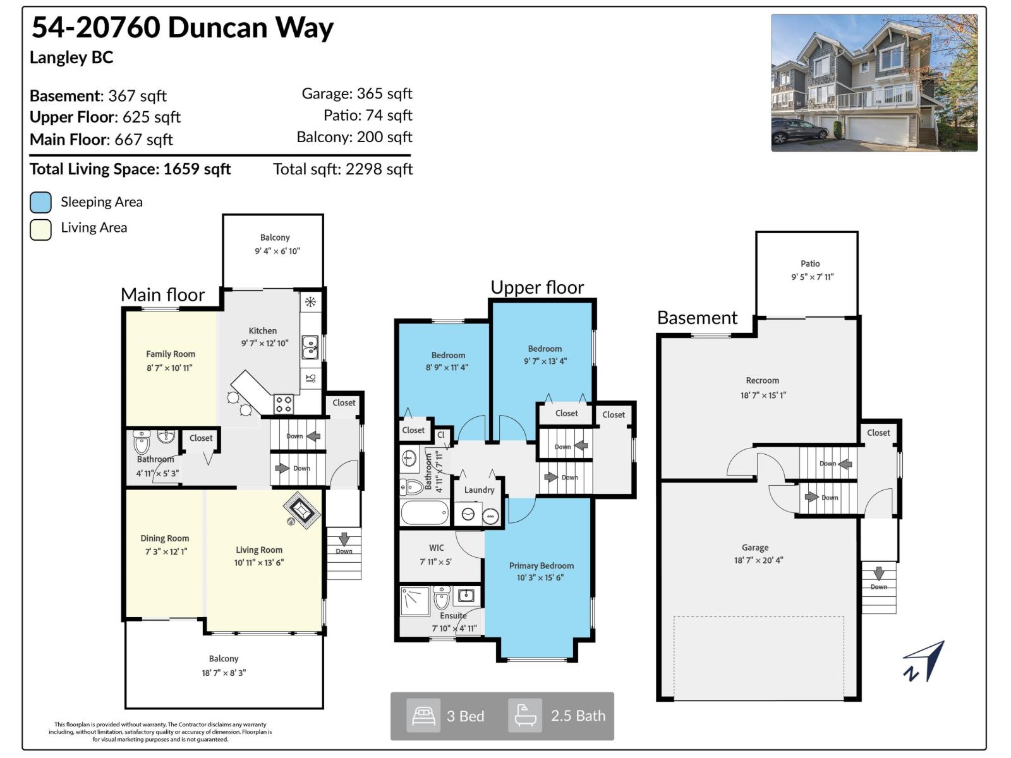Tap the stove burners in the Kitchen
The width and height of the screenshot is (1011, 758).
[284, 404]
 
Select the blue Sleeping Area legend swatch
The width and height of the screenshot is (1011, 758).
[40, 202]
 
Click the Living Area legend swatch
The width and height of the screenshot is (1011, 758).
[40, 229]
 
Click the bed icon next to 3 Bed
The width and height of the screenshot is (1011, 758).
[423, 716]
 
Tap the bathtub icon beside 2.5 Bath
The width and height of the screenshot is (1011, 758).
[525, 716]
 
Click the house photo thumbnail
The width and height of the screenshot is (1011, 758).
[874, 83]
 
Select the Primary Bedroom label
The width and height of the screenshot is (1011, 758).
[541, 565]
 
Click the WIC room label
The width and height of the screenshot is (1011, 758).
[436, 548]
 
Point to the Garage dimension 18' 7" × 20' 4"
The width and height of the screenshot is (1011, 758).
[758, 560]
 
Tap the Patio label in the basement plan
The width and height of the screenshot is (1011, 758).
[810, 263]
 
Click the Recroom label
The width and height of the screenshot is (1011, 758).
[762, 380]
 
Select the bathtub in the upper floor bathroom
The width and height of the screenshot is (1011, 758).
[425, 513]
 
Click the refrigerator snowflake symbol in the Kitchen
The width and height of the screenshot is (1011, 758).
[310, 302]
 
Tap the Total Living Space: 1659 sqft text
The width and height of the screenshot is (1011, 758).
[130, 169]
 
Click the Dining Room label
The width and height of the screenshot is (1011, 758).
[164, 538]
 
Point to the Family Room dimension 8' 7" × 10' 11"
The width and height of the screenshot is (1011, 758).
[169, 368]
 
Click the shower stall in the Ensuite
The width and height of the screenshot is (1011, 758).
[415, 601]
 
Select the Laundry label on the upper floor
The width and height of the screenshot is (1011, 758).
[479, 490]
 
